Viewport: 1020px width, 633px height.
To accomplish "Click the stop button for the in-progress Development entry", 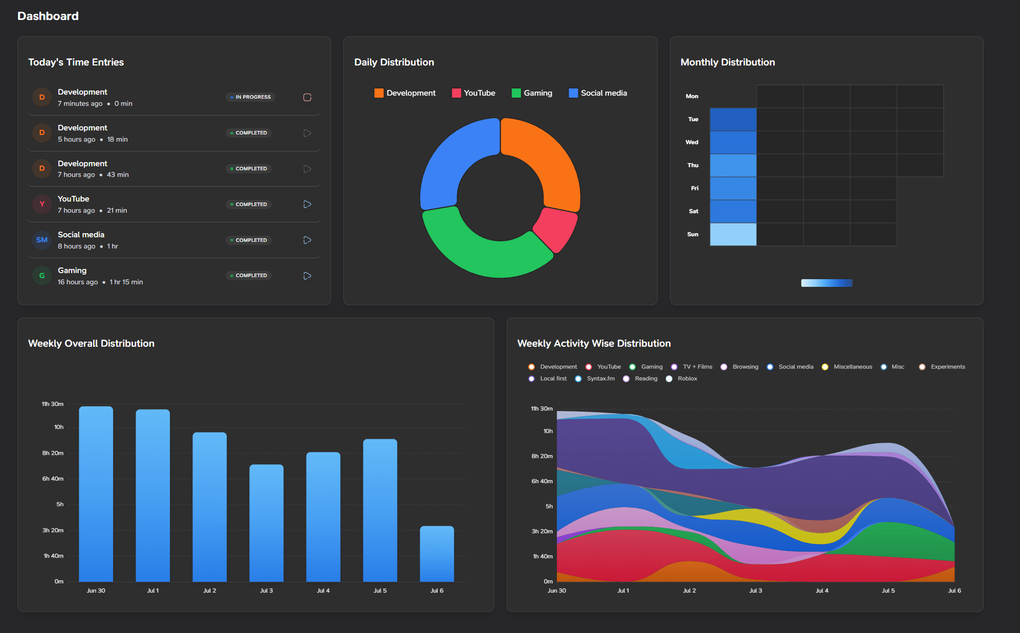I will coord(307,97).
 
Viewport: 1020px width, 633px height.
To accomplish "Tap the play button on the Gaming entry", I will coord(307,276).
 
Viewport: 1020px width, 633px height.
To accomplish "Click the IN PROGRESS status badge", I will coord(251,97).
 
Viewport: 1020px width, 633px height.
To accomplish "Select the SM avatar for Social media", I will coord(42,240).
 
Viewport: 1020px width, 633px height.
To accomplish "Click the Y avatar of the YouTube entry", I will coord(42,204).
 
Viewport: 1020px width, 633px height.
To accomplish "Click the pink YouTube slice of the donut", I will coord(557,228).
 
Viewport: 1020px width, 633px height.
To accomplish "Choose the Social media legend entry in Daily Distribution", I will coord(598,93).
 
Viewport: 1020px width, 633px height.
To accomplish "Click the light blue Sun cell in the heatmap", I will coord(733,234).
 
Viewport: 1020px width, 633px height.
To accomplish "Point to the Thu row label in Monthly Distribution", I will coord(692,165).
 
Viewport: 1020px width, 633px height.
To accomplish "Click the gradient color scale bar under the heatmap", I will coord(827,283).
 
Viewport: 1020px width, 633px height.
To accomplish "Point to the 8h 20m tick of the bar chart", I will coord(53,453).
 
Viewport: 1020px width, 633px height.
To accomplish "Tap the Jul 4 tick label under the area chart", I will coord(821,591).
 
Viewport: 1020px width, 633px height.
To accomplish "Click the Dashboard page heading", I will coord(48,16).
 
